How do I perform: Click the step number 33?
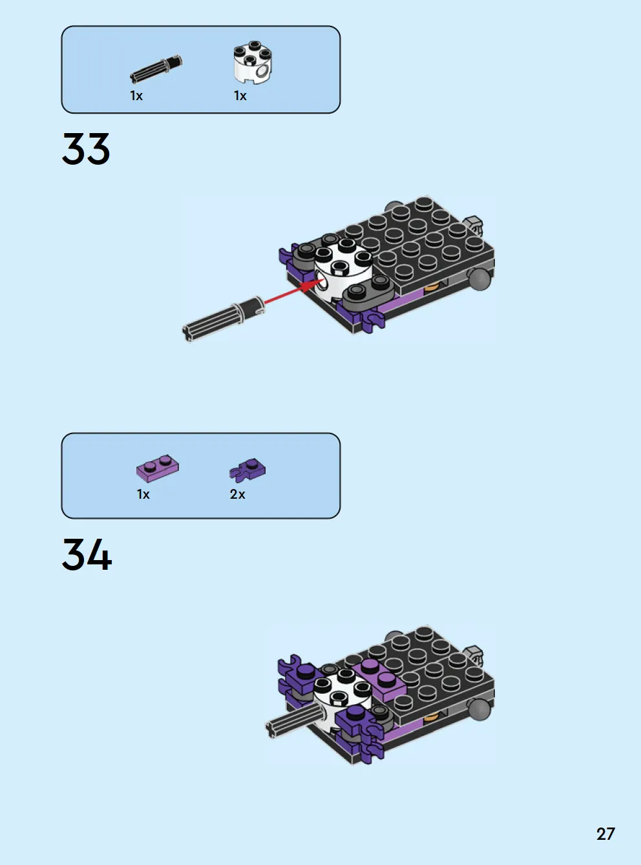click(86, 149)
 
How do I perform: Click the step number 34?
click(87, 554)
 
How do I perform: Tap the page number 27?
click(605, 834)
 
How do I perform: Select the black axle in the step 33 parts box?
click(156, 69)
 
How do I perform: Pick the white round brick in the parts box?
click(253, 62)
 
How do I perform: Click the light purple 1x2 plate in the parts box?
click(158, 468)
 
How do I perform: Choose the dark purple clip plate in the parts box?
click(247, 470)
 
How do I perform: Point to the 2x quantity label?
click(237, 494)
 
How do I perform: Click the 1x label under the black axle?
click(136, 96)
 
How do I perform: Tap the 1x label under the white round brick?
click(240, 96)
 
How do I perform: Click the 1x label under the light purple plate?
click(143, 494)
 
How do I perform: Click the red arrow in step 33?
click(293, 291)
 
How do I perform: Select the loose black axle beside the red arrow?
click(223, 319)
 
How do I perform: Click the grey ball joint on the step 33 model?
click(480, 279)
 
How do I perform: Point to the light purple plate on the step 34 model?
click(379, 678)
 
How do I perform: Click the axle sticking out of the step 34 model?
click(296, 722)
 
